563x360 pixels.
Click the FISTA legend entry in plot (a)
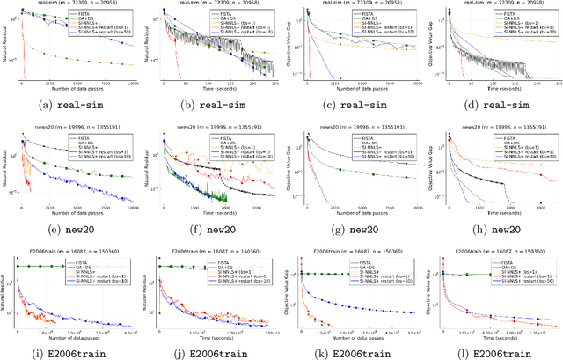point(98,11)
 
